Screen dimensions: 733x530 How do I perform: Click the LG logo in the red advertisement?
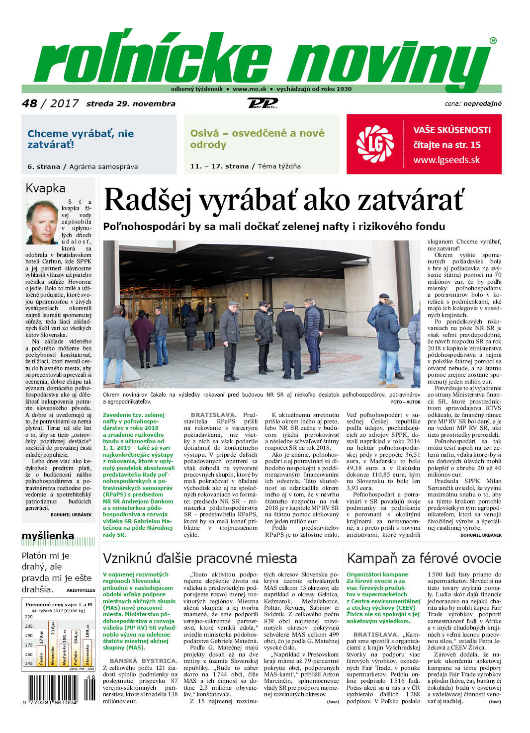pyautogui.click(x=375, y=144)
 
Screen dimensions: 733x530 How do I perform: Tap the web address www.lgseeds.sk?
pyautogui.click(x=446, y=160)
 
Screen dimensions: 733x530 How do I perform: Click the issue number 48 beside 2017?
pyautogui.click(x=29, y=103)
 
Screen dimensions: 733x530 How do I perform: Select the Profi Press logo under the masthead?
pyautogui.click(x=263, y=103)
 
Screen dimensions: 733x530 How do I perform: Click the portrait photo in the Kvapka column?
pyautogui.click(x=42, y=222)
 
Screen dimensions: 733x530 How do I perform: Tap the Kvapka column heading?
pyautogui.click(x=45, y=188)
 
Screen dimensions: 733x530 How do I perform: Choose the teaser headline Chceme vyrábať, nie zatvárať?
pyautogui.click(x=81, y=139)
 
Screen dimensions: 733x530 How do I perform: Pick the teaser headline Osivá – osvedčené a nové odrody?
pyautogui.click(x=257, y=139)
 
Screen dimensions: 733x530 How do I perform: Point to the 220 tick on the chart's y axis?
pyautogui.click(x=29, y=617)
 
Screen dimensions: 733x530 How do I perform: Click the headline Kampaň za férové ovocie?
pyautogui.click(x=424, y=558)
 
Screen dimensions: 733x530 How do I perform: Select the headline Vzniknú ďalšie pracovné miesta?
pyautogui.click(x=200, y=558)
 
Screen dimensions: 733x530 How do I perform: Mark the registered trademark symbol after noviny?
pyautogui.click(x=493, y=41)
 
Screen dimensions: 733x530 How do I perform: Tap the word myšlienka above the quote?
pyautogui.click(x=48, y=536)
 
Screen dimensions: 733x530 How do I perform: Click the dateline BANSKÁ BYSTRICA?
pyautogui.click(x=143, y=660)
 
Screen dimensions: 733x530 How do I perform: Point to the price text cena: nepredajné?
pyautogui.click(x=473, y=104)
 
